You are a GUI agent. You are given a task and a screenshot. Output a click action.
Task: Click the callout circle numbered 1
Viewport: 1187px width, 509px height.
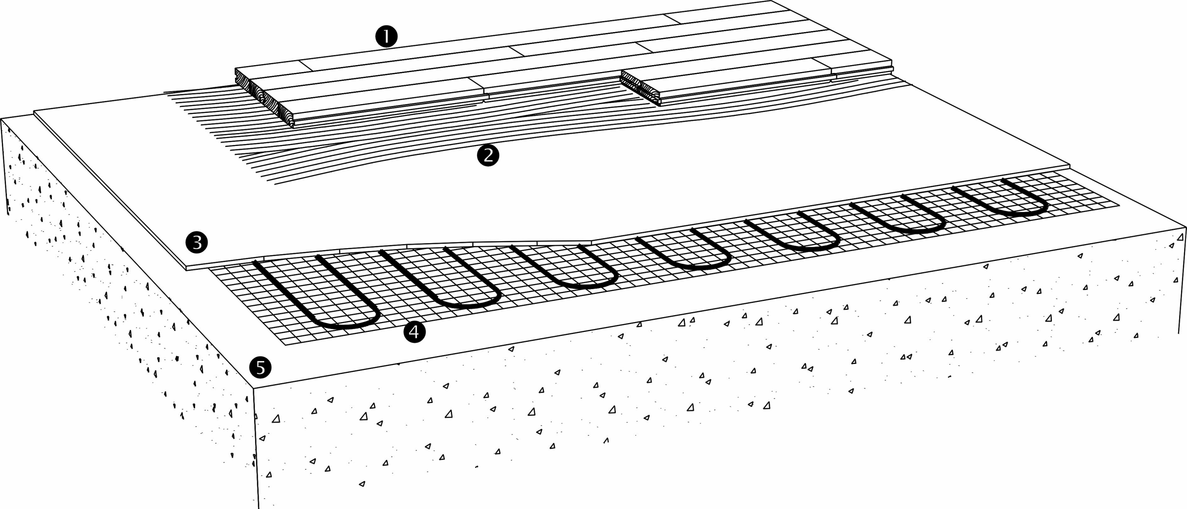pos(386,36)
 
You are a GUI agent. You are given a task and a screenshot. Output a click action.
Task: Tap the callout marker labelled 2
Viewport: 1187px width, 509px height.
pos(488,155)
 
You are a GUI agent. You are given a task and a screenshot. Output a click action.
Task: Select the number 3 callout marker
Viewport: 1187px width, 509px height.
pos(196,242)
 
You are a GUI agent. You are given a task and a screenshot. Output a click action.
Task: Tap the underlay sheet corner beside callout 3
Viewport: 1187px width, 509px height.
pos(186,268)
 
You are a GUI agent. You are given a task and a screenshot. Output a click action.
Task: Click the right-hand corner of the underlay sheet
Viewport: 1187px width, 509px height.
pos(1070,166)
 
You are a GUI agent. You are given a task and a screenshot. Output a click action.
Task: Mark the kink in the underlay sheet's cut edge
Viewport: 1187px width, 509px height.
pos(592,242)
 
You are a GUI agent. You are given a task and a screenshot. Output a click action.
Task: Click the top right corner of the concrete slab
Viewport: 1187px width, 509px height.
pos(1183,228)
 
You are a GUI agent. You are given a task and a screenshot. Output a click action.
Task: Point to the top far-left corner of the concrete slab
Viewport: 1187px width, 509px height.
pos(2,119)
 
